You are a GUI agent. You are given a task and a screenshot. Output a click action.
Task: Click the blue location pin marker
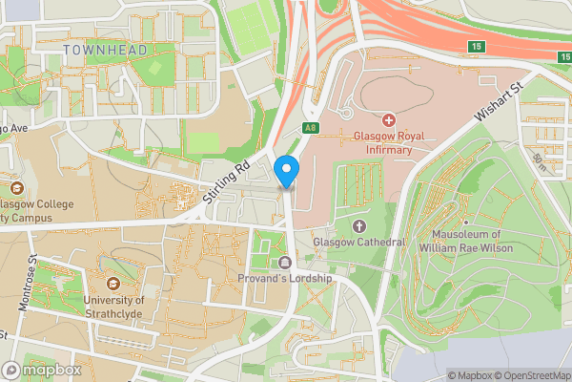point(287,172)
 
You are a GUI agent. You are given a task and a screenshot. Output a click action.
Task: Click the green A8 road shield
point(311,126)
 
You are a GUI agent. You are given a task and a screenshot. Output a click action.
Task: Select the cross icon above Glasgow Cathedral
point(359,225)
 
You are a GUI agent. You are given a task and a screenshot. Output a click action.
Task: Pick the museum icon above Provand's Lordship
point(284,263)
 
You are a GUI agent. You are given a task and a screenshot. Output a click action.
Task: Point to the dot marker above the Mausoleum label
point(466,223)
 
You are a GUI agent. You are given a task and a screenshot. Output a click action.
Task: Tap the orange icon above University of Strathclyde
point(113,284)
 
